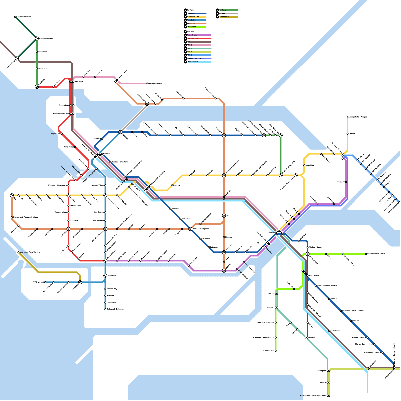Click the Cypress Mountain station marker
click(15, 17)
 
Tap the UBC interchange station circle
click(12, 195)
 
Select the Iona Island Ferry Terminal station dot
click(18, 252)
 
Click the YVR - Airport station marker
click(45, 282)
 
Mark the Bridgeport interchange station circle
click(105, 276)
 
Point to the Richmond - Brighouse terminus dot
click(105, 309)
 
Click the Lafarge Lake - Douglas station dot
click(347, 117)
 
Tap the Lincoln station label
click(352, 134)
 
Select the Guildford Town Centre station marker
click(366, 254)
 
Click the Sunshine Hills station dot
click(276, 351)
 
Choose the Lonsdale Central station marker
click(147, 83)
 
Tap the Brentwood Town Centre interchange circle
click(224, 175)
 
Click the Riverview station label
click(341, 182)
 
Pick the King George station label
click(314, 276)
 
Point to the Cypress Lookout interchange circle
click(37, 38)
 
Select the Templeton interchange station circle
click(80, 282)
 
